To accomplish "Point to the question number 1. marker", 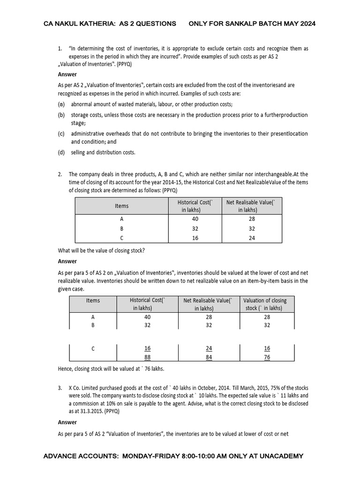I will click(x=60, y=49).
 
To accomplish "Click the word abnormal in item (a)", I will click(x=83, y=104).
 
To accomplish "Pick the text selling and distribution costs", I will click(x=103, y=152).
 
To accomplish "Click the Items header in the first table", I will click(x=121, y=206).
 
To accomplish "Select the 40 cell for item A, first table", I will click(x=195, y=219).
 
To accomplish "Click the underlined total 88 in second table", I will click(x=147, y=357).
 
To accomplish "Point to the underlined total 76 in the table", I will click(x=267, y=357).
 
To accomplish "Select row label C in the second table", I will click(x=93, y=348).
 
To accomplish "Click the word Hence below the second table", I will click(x=66, y=369).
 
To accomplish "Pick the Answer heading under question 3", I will click(x=67, y=422).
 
